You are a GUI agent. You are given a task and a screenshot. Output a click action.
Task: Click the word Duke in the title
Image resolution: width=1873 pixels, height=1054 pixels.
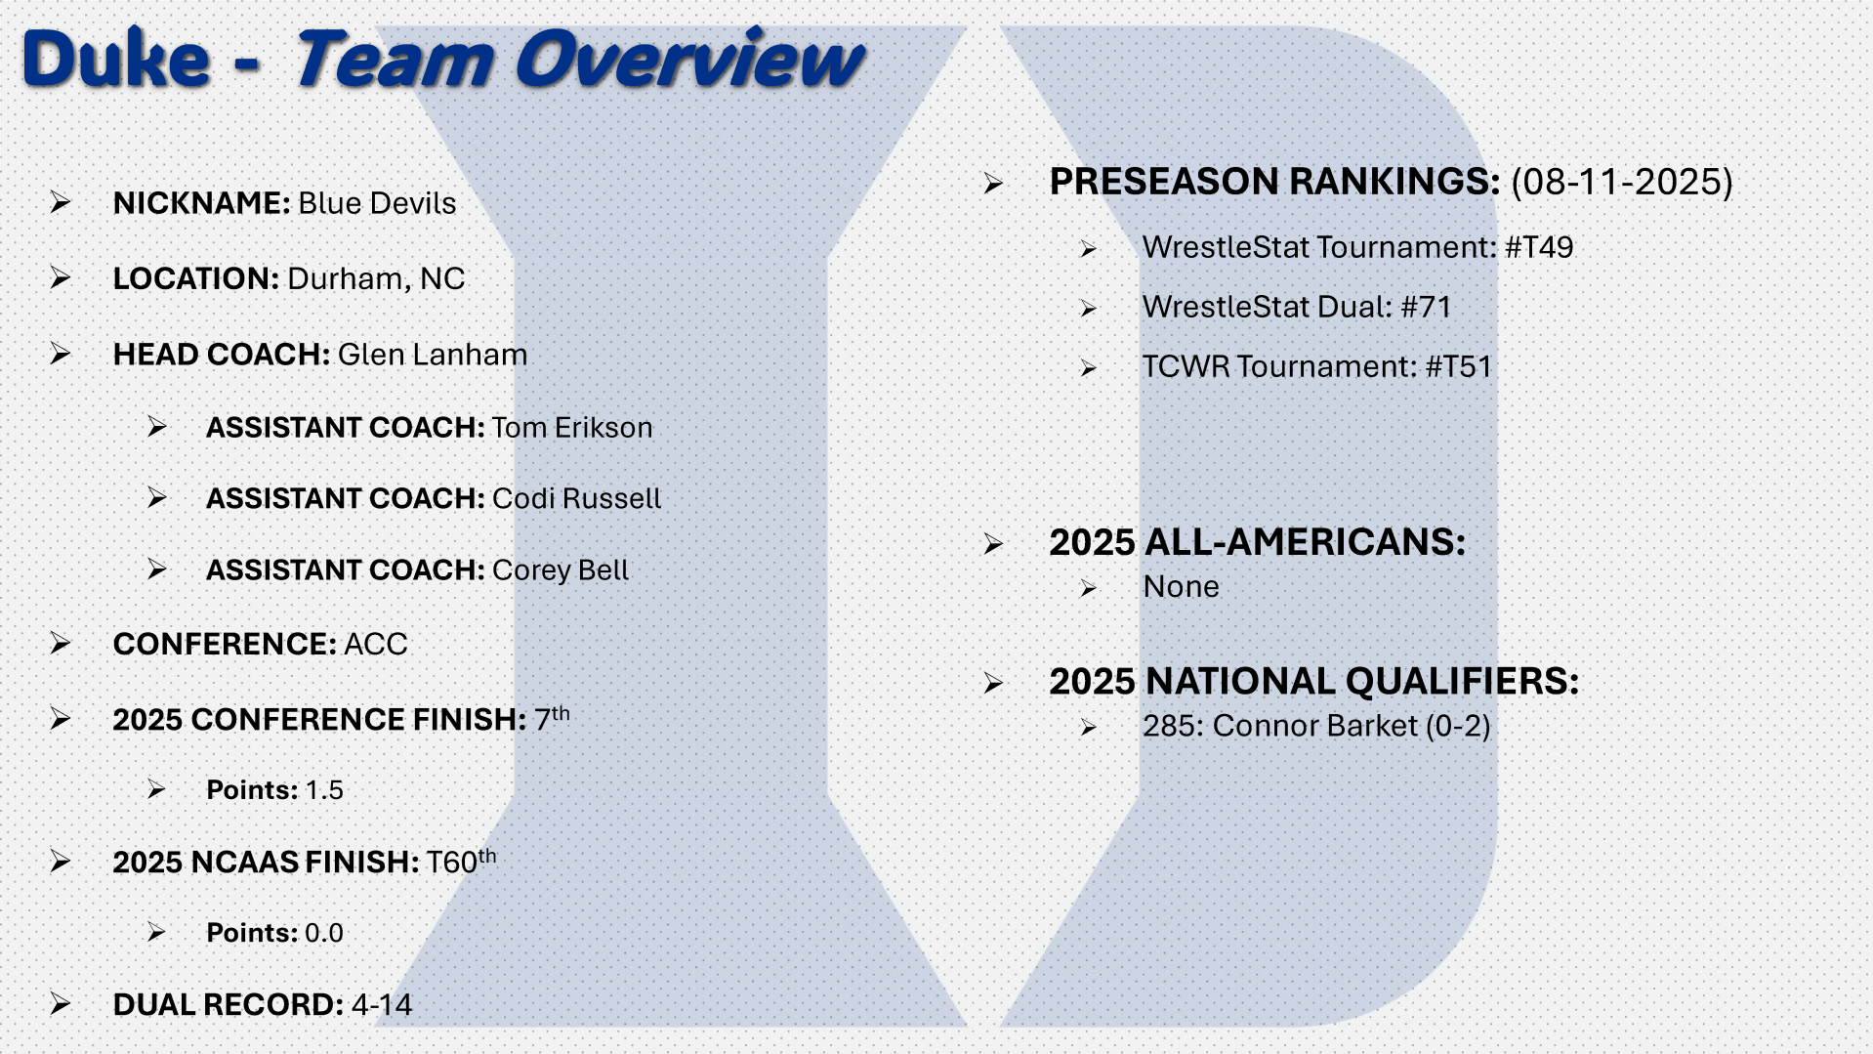(115, 59)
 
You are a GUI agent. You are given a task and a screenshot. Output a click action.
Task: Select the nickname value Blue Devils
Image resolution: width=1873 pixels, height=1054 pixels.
(377, 203)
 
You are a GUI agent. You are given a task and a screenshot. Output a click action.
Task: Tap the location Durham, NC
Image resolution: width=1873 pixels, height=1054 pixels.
(376, 279)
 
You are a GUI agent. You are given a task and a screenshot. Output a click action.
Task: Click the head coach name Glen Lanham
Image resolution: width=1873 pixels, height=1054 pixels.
(433, 354)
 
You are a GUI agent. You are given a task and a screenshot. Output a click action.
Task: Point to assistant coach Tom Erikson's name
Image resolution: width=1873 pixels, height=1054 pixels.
(572, 428)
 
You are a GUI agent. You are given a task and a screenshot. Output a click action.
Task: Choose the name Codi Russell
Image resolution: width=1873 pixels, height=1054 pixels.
(576, 498)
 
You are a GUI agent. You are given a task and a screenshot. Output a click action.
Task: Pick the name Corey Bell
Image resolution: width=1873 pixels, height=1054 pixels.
(561, 570)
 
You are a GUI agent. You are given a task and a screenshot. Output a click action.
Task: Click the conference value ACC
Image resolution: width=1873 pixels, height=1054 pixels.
(376, 645)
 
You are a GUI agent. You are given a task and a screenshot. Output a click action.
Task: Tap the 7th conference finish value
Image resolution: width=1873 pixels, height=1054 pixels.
(552, 718)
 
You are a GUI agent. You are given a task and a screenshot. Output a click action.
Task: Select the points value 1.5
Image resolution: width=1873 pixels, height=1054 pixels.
(324, 790)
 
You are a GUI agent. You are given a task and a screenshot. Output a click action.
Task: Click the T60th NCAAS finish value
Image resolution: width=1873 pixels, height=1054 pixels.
(461, 861)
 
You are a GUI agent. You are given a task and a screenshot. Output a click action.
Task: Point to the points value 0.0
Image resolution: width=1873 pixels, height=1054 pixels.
(324, 933)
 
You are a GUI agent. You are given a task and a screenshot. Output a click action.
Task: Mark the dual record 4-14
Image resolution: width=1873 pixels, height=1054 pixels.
(382, 1004)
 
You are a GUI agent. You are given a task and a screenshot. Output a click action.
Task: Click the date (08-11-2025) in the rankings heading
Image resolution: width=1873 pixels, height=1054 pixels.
(1622, 182)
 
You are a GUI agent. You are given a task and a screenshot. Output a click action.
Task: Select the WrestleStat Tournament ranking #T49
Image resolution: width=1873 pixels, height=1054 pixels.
(1539, 247)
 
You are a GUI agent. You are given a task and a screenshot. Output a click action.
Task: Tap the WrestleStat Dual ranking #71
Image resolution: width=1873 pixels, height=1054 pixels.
(1426, 307)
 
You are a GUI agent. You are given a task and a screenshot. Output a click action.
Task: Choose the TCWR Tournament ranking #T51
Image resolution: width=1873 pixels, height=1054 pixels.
(1459, 366)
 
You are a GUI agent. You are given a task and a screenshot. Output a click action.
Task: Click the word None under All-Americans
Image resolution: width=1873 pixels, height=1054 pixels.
(1182, 587)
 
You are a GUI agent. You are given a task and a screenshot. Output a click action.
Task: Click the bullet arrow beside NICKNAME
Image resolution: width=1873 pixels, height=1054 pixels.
(61, 202)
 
